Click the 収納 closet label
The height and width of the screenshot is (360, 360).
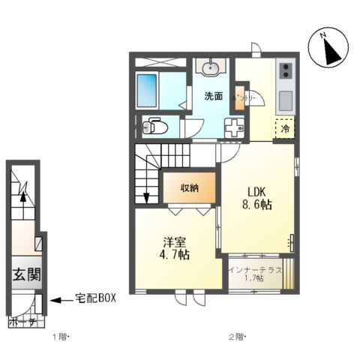pyautogui.click(x=189, y=188)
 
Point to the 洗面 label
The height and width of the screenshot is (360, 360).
pyautogui.click(x=214, y=96)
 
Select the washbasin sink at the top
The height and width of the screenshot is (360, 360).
pyautogui.click(x=211, y=68)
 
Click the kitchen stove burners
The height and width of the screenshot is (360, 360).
pyautogui.click(x=286, y=72)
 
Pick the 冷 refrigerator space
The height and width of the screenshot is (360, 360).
pyautogui.click(x=285, y=128)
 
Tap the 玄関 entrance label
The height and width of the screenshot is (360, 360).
pyautogui.click(x=25, y=275)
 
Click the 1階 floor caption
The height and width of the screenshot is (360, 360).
pyautogui.click(x=59, y=337)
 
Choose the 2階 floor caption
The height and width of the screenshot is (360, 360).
pyautogui.click(x=235, y=337)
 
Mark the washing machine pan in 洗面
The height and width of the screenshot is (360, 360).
pyautogui.click(x=235, y=127)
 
